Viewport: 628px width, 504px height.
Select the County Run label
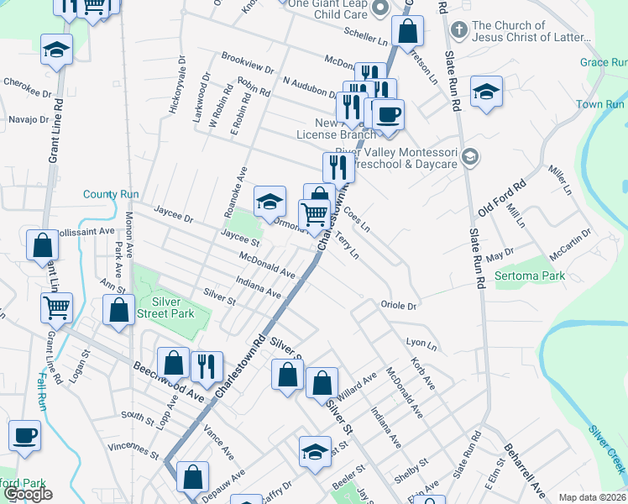coord(111,194)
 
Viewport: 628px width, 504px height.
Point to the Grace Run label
coord(604,62)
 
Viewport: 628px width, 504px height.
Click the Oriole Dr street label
coord(398,306)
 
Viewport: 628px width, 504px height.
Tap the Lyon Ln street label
coord(421,344)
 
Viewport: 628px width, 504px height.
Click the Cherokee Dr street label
coord(22,82)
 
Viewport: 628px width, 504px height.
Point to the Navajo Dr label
coord(28,119)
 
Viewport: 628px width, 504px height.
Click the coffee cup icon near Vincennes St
coord(24,436)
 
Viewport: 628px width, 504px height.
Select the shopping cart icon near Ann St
coord(56,307)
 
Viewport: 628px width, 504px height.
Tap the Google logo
coord(28,494)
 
